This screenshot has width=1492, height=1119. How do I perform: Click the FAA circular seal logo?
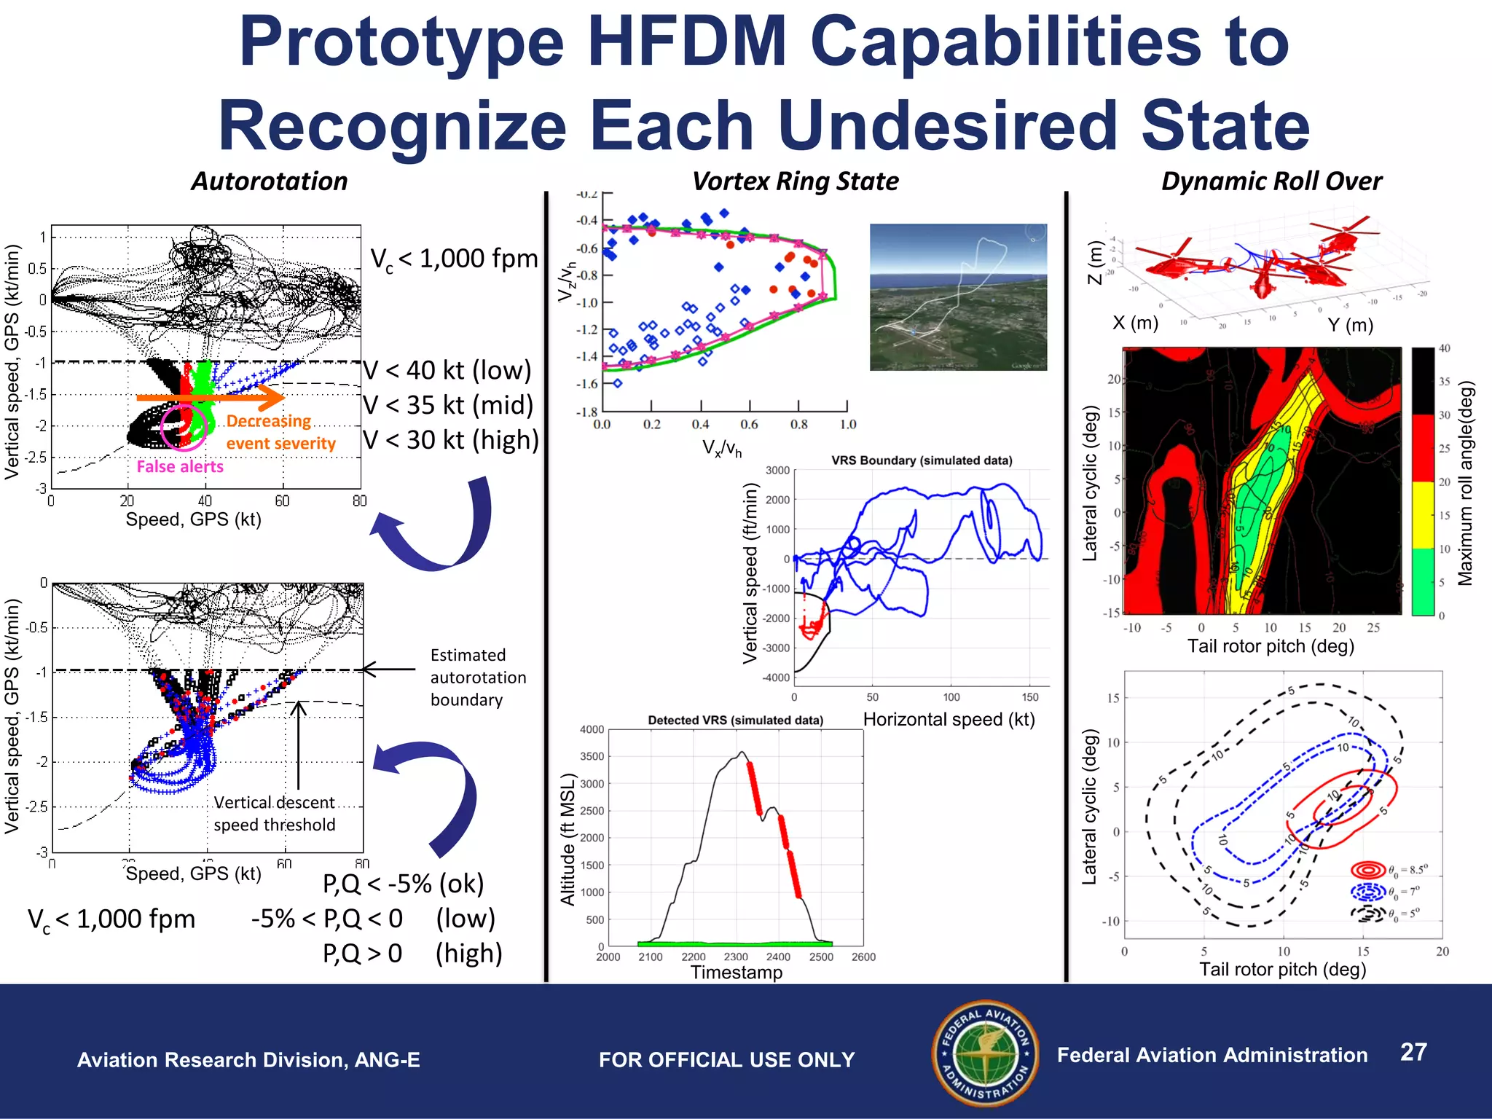[x=985, y=1053]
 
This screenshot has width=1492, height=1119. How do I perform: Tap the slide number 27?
[x=1413, y=1052]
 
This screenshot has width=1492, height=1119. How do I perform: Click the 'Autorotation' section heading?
[x=269, y=181]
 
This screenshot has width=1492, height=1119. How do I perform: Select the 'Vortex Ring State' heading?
[x=795, y=181]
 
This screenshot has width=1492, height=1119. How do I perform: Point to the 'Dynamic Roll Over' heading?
[x=1271, y=181]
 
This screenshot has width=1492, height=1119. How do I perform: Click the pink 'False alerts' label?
[x=180, y=467]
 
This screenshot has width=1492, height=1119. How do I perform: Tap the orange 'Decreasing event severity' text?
[x=280, y=432]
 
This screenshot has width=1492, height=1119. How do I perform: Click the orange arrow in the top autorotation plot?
[x=211, y=397]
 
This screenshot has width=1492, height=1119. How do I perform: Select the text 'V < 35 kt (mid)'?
[x=449, y=405]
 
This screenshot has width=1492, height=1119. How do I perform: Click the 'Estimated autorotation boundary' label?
[x=478, y=678]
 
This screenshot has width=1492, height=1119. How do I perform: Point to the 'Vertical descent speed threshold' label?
[x=275, y=814]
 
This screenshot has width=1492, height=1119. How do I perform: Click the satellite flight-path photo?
[x=958, y=297]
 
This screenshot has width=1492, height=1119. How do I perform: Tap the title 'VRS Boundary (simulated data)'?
[x=922, y=460]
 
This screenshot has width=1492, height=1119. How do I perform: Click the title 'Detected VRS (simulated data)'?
[x=735, y=721]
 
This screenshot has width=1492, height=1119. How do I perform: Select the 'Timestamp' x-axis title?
[x=737, y=973]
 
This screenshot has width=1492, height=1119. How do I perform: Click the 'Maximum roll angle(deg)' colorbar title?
[x=1465, y=483]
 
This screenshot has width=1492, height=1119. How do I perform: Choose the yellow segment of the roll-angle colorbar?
[x=1423, y=515]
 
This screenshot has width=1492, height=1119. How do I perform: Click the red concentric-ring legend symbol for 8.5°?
[x=1367, y=870]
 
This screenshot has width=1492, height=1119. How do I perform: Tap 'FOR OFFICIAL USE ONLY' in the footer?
[x=726, y=1060]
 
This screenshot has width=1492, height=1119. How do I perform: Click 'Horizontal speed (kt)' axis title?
[x=949, y=720]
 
